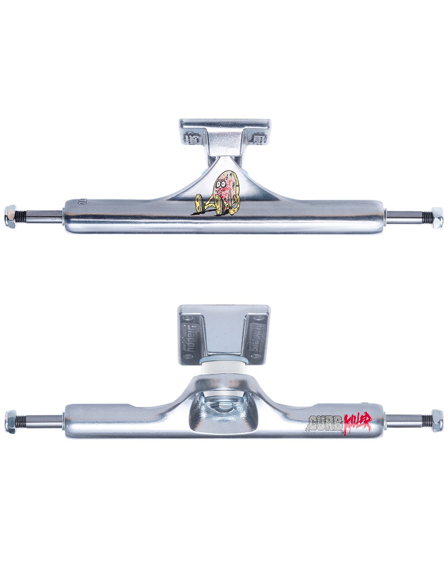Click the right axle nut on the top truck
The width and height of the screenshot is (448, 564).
tap(437, 217)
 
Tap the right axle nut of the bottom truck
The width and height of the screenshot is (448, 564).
tap(437, 421)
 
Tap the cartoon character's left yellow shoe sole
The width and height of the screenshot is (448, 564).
tap(199, 203)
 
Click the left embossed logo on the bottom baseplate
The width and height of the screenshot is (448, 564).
tap(189, 338)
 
